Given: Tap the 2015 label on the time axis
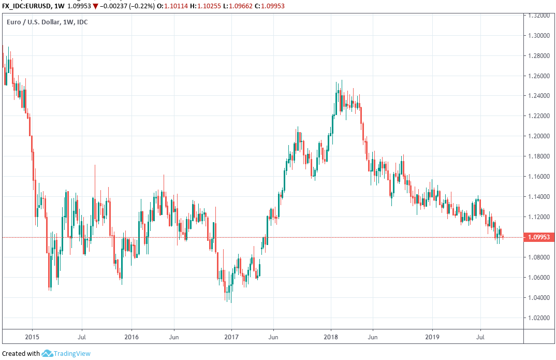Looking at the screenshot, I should (32, 336).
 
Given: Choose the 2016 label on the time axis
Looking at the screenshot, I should (131, 336).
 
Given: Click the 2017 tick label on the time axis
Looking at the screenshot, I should (231, 336).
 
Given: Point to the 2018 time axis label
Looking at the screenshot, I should (330, 336).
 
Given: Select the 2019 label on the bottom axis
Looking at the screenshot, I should (432, 336).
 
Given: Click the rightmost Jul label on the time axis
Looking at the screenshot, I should (480, 336).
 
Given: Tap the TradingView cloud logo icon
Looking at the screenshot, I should (48, 353).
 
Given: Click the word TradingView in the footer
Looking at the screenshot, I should (73, 353).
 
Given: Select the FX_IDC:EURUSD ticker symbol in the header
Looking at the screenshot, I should (25, 6).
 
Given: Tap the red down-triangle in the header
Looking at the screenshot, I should (95, 6).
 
